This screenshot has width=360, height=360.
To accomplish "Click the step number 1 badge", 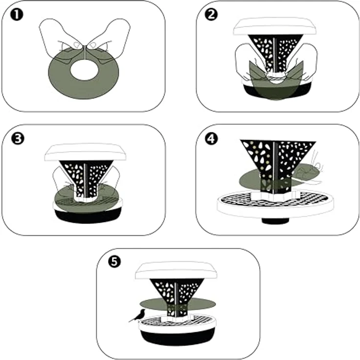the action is pyautogui.click(x=17, y=15).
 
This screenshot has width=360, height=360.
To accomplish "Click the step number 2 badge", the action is pyautogui.click(x=211, y=15).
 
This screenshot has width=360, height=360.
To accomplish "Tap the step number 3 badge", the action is pyautogui.click(x=18, y=138).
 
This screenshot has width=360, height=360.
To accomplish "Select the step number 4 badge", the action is pyautogui.click(x=211, y=138).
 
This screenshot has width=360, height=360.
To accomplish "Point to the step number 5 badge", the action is pyautogui.click(x=114, y=262).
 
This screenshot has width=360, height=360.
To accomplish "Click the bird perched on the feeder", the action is pyautogui.click(x=138, y=315).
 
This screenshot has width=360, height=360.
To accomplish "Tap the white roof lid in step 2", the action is pyautogui.click(x=275, y=26).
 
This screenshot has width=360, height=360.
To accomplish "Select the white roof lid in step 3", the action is pyautogui.click(x=85, y=152).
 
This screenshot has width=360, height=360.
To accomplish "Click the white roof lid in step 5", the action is pyautogui.click(x=176, y=270).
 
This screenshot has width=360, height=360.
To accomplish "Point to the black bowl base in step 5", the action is pyautogui.click(x=178, y=337).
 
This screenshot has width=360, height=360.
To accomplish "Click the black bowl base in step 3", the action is pyautogui.click(x=88, y=216).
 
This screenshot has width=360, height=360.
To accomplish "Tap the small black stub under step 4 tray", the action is pyautogui.click(x=275, y=221).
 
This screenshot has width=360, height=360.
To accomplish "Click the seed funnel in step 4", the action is pyautogui.click(x=277, y=165).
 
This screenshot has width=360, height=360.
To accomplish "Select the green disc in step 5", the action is pyautogui.click(x=178, y=304).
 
